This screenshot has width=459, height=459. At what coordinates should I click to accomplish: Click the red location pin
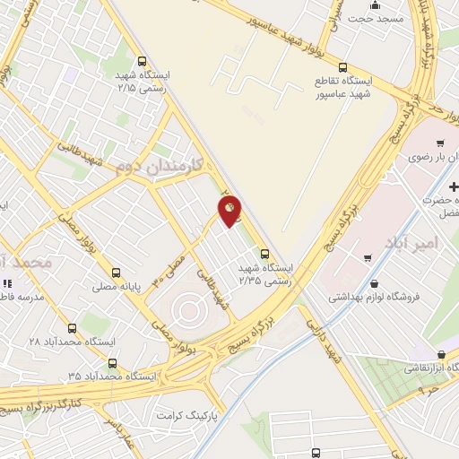[230, 210]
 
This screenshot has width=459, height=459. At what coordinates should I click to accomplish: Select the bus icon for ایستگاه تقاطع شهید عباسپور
[343, 67]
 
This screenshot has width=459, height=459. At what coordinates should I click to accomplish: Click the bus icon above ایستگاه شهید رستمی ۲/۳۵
[264, 253]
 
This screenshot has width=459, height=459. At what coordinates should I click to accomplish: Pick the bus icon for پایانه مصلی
[115, 273]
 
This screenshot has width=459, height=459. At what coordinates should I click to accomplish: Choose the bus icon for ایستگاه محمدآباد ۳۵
[112, 363]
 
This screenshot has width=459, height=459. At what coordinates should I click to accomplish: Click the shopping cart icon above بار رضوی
[440, 143]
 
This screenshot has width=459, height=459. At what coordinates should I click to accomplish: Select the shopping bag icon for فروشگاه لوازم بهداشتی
[368, 258]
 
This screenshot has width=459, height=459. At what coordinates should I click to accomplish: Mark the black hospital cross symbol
[453, 187]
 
